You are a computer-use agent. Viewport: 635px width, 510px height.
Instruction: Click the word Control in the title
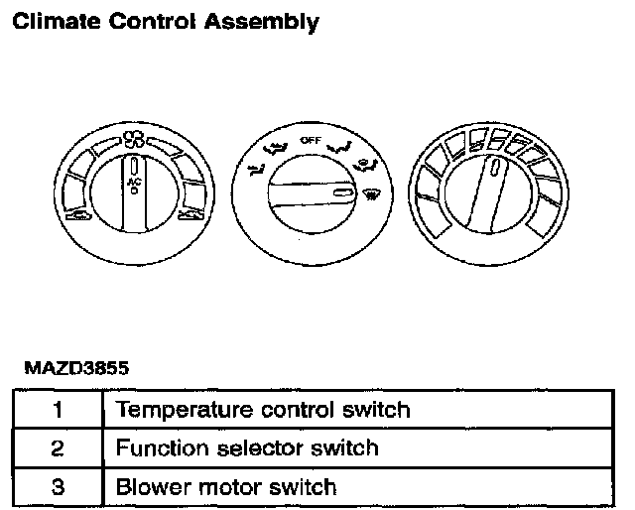point(153,21)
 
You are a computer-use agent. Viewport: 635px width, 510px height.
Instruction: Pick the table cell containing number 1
point(58,409)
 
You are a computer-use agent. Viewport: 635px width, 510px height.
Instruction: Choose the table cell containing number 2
point(58,447)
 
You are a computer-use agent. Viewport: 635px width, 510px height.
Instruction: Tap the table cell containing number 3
point(58,487)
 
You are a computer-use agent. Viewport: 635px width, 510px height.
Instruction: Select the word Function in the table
point(158,447)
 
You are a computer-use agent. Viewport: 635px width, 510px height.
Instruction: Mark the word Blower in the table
point(148,487)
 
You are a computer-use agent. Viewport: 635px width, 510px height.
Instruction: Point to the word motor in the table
point(219,487)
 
